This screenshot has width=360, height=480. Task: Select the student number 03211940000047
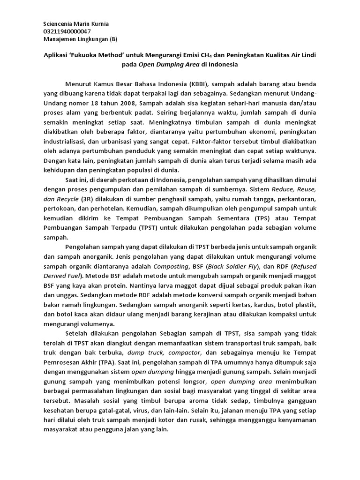click(x=67, y=31)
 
